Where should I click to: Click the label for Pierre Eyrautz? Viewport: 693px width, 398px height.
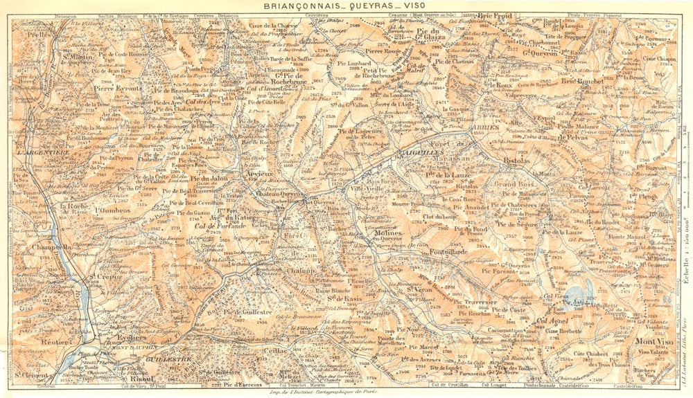pyautogui.click(x=119, y=88)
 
